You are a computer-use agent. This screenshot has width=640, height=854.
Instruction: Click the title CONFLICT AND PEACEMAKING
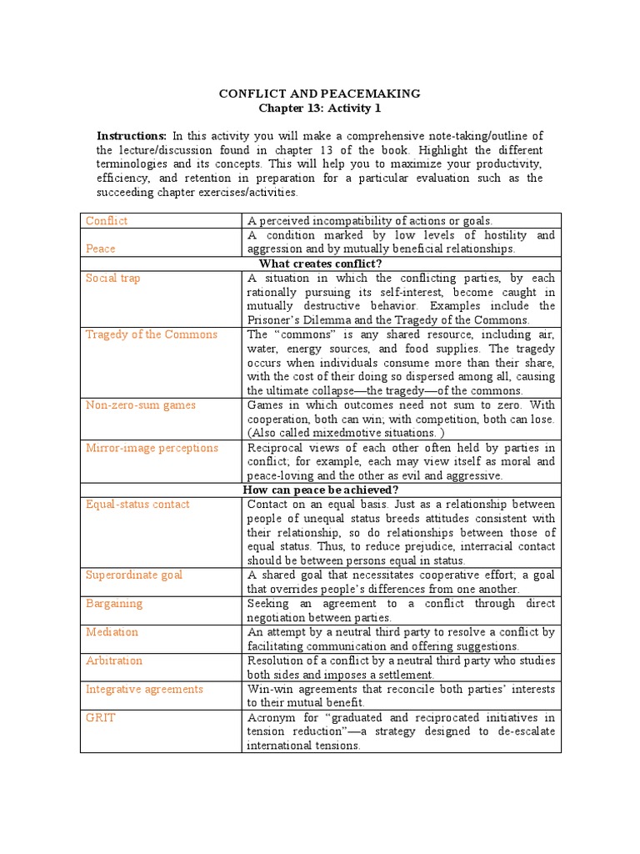click(320, 93)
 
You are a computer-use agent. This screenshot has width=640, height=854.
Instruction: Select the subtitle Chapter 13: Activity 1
click(320, 108)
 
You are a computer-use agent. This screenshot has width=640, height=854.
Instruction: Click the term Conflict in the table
click(107, 221)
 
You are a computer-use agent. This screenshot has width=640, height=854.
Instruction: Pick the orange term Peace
click(101, 249)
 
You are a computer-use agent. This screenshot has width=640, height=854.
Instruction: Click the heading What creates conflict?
click(320, 263)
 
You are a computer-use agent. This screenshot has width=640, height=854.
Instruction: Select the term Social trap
click(113, 278)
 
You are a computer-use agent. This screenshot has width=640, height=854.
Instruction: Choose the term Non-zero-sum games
click(140, 405)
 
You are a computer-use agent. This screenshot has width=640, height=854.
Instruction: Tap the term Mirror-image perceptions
click(152, 448)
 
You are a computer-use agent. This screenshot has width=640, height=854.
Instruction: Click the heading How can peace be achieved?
click(320, 490)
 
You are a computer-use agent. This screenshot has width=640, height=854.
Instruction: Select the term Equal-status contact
click(137, 504)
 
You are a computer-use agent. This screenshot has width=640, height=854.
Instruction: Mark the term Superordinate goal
click(134, 575)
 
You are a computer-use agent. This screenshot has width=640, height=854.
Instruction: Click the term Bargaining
click(114, 603)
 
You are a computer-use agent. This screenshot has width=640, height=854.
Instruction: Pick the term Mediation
click(112, 632)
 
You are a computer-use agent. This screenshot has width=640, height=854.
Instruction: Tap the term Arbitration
click(114, 661)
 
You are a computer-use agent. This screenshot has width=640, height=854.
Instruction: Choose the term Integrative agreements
click(144, 689)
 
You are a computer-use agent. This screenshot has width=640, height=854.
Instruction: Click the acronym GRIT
click(100, 717)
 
